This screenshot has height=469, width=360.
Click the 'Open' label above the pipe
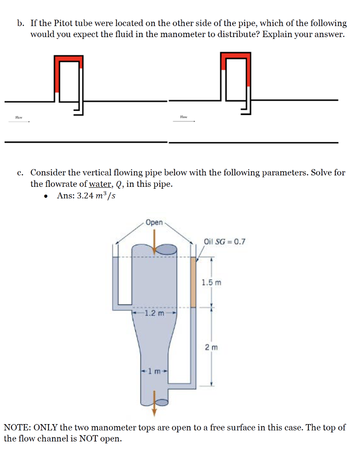[x=154, y=223]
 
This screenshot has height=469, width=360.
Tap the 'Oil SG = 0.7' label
[x=224, y=241]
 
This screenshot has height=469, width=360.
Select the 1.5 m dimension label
[x=211, y=283]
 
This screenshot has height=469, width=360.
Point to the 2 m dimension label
[x=211, y=348]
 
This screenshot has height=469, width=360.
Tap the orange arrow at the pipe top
[x=154, y=240]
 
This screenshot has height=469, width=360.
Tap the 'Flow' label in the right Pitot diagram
[x=184, y=118]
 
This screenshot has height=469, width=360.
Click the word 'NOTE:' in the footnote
[x=16, y=428]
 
